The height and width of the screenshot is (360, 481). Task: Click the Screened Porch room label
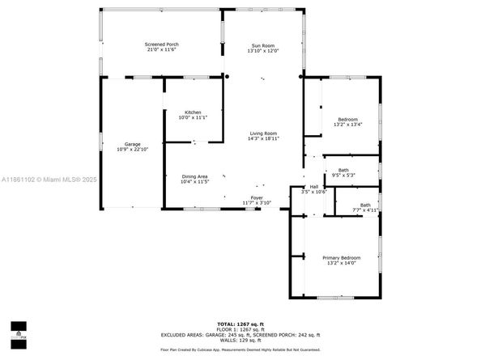(x=162, y=44)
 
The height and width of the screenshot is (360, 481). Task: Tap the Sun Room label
(x=262, y=45)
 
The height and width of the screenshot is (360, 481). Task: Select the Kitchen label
(x=193, y=112)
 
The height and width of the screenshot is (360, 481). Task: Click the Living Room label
(x=262, y=133)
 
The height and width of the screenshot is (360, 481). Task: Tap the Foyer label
(x=257, y=197)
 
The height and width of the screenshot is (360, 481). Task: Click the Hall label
(x=313, y=187)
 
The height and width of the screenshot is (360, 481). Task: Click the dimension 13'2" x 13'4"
(x=349, y=125)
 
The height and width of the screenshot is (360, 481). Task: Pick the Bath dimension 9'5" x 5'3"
(x=343, y=176)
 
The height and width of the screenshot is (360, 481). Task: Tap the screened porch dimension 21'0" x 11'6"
(x=162, y=49)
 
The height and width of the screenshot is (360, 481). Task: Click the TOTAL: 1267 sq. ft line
(x=240, y=324)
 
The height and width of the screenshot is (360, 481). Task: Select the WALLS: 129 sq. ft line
(x=240, y=340)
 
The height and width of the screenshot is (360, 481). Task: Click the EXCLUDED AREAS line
(x=240, y=334)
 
